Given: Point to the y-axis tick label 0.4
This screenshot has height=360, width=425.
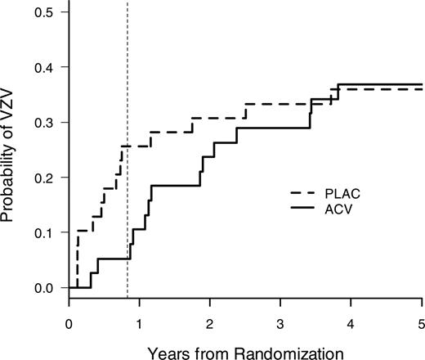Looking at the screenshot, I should [x=46, y=67].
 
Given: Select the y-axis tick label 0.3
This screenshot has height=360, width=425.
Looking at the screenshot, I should [x=46, y=123].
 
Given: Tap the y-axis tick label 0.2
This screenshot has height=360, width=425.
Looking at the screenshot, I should [x=46, y=178].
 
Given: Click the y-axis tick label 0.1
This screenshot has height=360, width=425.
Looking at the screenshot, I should [x=46, y=233].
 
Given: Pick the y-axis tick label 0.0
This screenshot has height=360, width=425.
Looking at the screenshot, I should [x=46, y=288].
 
